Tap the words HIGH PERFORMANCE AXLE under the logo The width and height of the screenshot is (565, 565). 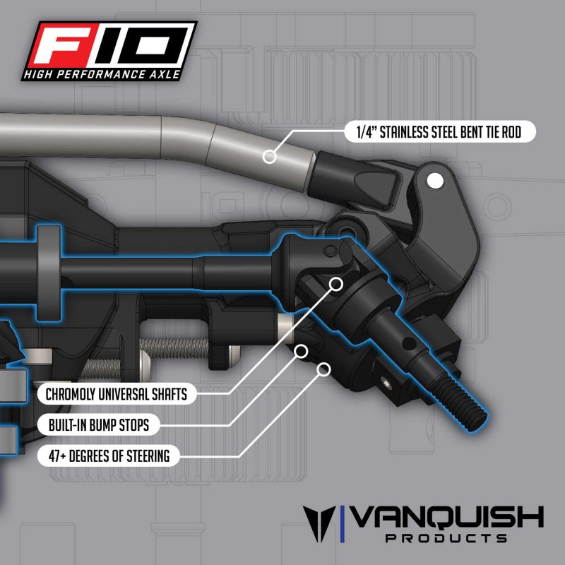[102, 75]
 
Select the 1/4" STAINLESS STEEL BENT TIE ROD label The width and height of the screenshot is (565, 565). [439, 132]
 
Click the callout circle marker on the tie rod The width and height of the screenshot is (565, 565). [270, 157]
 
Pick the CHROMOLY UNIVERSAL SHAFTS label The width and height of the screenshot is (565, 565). [117, 394]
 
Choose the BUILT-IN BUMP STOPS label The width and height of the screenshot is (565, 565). [99, 425]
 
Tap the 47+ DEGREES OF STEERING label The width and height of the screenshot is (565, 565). [109, 456]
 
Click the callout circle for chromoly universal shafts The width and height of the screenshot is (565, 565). [336, 285]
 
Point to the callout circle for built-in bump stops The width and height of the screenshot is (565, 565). [302, 351]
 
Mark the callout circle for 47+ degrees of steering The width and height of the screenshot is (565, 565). [323, 369]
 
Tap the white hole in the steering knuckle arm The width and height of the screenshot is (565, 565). [435, 181]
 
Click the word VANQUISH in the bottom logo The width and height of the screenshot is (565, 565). [447, 517]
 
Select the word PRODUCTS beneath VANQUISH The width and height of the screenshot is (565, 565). [446, 538]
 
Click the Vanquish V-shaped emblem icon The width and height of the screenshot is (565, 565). [319, 523]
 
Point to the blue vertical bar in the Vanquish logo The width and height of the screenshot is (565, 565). [343, 524]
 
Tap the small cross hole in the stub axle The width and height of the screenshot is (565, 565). [409, 343]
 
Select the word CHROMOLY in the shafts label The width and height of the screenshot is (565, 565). [71, 394]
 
